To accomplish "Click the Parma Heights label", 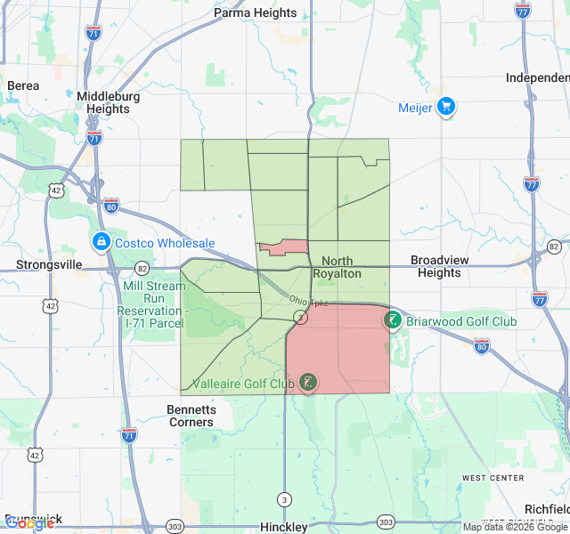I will (256, 13).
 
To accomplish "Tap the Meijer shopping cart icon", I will (445, 108).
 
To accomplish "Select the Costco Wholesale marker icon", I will (101, 242).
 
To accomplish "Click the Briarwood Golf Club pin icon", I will (392, 320).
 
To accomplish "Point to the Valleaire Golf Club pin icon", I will (307, 383).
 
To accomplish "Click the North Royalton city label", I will (338, 267).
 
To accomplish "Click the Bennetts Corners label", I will (191, 416).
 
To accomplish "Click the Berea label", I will (23, 85).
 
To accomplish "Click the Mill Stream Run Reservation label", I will (153, 298).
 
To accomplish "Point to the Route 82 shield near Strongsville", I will (142, 268).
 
